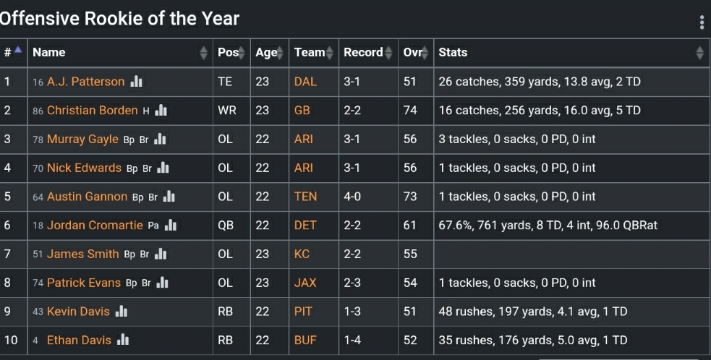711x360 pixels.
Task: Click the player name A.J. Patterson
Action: point(85,82)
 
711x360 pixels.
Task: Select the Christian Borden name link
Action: point(92,111)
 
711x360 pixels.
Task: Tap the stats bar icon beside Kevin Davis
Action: point(122,312)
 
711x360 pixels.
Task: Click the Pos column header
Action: point(228,52)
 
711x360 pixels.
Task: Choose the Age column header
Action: point(265,52)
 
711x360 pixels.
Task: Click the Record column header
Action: point(363,52)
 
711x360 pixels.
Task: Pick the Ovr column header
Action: point(412,52)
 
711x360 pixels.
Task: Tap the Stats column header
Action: point(453,52)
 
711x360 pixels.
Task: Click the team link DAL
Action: point(305,82)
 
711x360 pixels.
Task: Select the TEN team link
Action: point(305,197)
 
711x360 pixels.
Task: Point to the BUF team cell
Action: point(305,340)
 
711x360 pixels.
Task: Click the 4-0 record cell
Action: point(352,197)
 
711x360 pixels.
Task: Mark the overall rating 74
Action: point(410,111)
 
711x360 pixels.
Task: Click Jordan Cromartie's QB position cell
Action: point(226,225)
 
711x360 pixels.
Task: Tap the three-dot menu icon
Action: point(702,22)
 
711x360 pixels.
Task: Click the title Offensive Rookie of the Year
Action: point(119,18)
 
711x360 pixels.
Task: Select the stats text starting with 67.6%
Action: point(548,225)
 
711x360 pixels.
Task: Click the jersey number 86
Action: point(38,111)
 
